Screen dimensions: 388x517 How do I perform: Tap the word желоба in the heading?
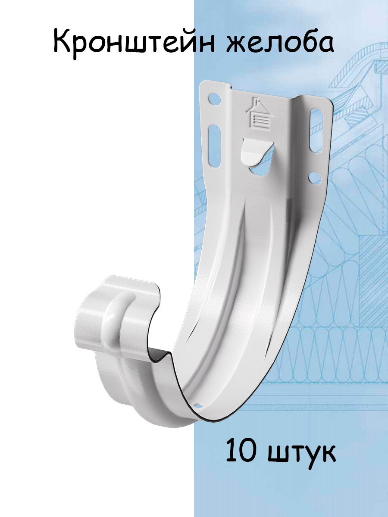pos(280,43)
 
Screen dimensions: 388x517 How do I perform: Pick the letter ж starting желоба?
pos(237,44)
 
